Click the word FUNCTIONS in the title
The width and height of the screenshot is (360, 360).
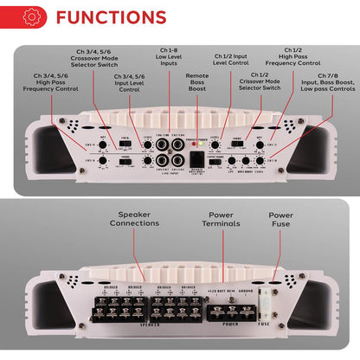[x=111, y=17]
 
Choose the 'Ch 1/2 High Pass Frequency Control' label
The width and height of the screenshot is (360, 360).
[x=286, y=57]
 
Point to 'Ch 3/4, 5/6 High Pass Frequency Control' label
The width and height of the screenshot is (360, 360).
[x=51, y=82]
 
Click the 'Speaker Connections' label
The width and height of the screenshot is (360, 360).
[x=133, y=218]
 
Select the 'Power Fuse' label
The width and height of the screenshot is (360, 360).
[x=280, y=218]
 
